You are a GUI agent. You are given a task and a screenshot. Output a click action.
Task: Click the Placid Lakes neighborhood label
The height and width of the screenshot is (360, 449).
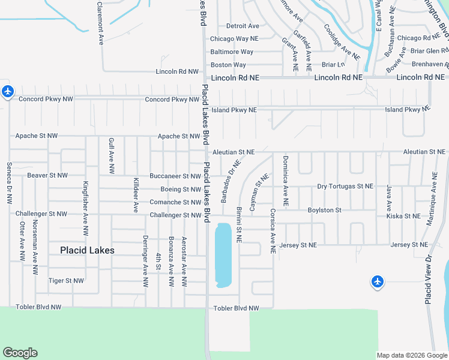click(x=87, y=250)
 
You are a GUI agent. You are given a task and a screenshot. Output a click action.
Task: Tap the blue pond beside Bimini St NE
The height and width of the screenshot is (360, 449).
click(x=223, y=255)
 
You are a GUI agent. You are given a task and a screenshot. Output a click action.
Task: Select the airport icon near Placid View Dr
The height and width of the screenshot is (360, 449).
click(x=377, y=281)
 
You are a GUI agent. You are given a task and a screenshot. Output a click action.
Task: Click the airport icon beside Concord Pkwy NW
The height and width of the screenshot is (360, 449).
click(x=7, y=92)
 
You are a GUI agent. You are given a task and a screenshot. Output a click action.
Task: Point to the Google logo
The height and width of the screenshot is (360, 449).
click(x=20, y=353)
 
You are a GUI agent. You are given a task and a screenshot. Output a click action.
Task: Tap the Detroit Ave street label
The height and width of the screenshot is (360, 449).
click(x=243, y=26)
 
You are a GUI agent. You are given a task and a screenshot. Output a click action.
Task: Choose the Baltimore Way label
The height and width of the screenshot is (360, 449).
click(x=232, y=52)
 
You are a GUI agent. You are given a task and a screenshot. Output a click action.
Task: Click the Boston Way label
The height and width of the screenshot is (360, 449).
click(x=228, y=65)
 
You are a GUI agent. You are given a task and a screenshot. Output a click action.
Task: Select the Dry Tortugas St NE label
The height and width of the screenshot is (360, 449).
click(x=345, y=187)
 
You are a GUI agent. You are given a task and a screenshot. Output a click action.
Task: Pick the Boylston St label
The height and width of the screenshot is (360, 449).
click(x=324, y=210)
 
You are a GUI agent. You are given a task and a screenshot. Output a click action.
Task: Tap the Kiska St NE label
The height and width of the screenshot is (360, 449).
click(x=403, y=215)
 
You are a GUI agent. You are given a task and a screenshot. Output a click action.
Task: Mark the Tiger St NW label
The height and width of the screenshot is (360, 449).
click(x=66, y=280)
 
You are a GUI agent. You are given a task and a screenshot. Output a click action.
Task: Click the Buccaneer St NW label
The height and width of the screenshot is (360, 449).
click(x=175, y=176)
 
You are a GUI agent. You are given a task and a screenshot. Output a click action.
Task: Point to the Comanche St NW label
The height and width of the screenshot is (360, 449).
click(x=175, y=202)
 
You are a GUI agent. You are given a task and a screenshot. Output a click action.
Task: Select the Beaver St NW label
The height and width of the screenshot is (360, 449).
click(x=47, y=175)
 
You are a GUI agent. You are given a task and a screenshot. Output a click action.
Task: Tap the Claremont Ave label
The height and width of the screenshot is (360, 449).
click(x=100, y=23)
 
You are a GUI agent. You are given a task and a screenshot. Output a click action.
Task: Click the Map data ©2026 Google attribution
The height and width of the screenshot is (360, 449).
click(x=412, y=355)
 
